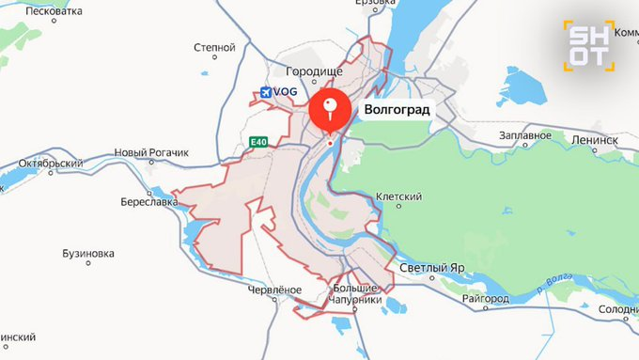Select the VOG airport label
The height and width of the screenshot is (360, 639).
coord(286,91)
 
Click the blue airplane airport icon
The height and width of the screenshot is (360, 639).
coord(266,92)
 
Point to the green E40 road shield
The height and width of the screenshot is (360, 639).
coord(258,143)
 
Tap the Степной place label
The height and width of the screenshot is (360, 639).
coord(213,46)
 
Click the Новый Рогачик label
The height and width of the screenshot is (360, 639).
coord(151,152)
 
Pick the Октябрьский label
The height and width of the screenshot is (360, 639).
coord(52,163)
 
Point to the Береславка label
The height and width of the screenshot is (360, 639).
coord(149,201)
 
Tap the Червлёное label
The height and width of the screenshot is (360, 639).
coord(274,290)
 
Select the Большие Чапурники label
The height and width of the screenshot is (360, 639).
coord(357,293)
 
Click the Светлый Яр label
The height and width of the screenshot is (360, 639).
coord(432,268)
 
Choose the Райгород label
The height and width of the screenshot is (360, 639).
coord(486,298)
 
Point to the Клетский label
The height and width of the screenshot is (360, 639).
coord(398,196)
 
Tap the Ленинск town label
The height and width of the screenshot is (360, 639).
coord(593,139)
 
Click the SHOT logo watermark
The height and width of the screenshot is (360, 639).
coord(588,44)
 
